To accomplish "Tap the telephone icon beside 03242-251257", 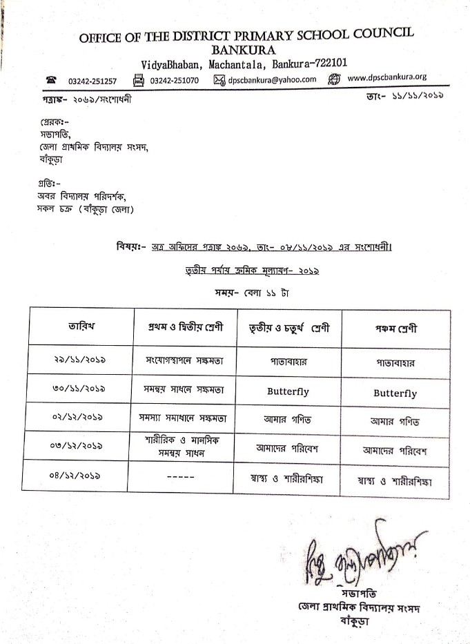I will pos(51,80).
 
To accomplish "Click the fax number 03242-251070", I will pos(174,80).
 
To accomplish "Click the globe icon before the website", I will pos(335,79).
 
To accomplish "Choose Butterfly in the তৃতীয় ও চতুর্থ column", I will pos(288,391).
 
